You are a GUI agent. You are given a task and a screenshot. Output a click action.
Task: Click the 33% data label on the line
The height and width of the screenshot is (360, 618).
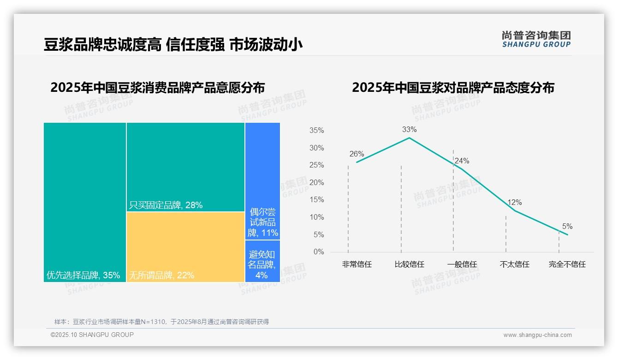tap(409, 130)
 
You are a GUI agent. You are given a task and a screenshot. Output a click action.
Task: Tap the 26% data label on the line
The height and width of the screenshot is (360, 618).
tap(357, 154)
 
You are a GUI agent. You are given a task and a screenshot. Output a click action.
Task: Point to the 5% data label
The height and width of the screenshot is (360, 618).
tap(567, 227)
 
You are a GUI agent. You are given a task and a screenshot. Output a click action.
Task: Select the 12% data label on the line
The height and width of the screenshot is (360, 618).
tap(515, 203)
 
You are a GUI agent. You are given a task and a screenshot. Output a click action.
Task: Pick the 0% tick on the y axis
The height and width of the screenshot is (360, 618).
tap(319, 252)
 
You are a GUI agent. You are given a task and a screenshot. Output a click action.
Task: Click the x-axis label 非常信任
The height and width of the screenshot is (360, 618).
tap(357, 264)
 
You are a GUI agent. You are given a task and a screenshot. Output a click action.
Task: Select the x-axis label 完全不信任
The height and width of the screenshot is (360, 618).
tap(567, 264)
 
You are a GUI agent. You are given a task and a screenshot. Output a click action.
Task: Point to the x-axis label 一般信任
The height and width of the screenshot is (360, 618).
tap(462, 264)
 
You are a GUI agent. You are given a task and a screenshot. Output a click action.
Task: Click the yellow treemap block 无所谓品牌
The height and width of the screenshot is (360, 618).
tap(185, 247)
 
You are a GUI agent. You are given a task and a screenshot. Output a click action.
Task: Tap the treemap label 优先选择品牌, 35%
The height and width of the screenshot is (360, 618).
tap(83, 276)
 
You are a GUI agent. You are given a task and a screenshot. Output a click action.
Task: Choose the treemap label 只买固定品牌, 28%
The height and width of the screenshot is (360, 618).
tap(166, 205)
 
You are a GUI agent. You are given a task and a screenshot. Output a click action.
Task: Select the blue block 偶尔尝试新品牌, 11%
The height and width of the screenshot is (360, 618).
tap(262, 181)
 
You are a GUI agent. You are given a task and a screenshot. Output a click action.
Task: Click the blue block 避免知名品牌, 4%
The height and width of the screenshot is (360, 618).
tap(262, 261)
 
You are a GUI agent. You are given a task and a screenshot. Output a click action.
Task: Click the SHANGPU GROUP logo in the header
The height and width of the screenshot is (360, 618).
tap(536, 39)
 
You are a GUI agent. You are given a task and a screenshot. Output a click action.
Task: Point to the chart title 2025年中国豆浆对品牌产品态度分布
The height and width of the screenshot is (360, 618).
tap(453, 88)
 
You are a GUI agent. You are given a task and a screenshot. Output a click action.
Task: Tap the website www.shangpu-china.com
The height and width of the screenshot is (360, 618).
tap(537, 335)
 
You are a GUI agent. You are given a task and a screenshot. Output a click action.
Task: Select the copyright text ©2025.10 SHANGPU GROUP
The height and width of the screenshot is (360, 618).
tap(92, 335)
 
